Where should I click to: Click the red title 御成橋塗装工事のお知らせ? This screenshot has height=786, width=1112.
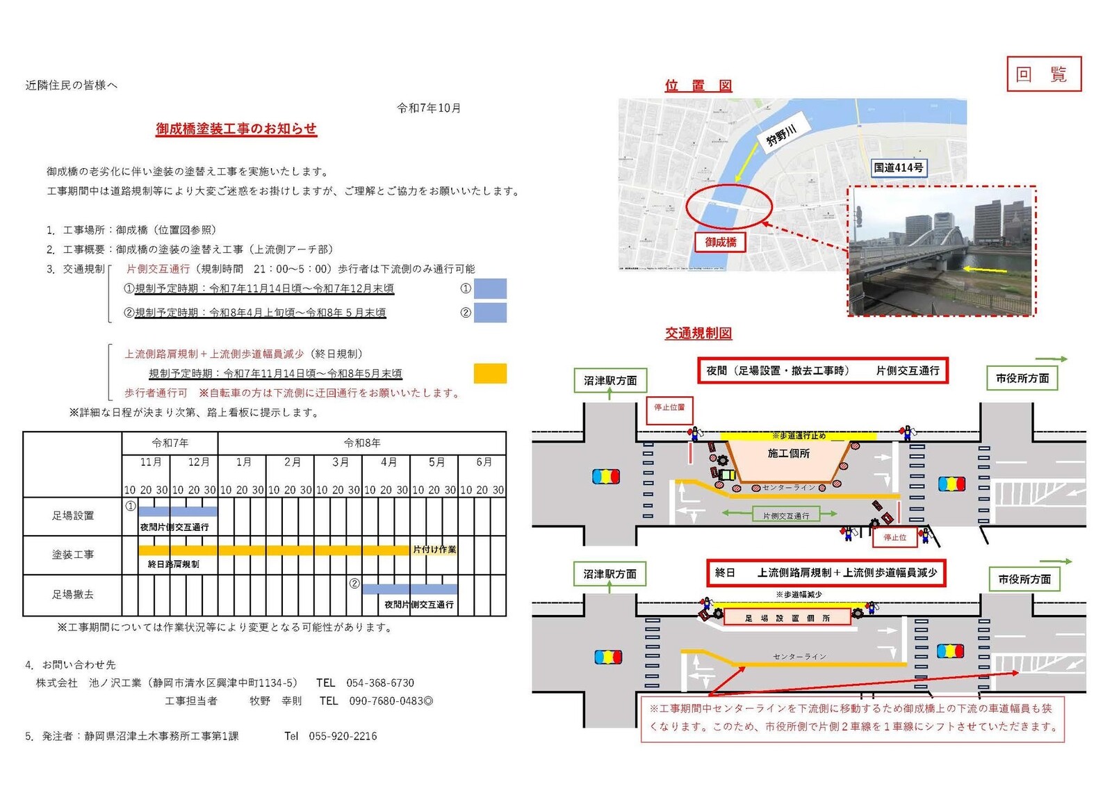(236, 129)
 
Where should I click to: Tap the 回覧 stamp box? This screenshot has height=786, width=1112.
(1044, 74)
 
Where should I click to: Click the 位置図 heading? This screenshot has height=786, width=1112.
(698, 85)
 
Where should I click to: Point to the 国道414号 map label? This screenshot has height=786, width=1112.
(898, 167)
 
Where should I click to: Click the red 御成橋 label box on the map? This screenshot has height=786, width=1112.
(720, 242)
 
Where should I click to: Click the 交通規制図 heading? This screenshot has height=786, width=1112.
(698, 333)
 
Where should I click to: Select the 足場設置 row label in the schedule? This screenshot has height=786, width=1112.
(72, 516)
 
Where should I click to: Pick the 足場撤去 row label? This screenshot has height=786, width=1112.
(72, 594)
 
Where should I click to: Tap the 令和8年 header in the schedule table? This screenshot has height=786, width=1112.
(362, 443)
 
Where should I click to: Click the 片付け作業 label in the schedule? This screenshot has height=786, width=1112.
(434, 549)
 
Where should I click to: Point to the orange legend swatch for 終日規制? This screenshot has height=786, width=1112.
(490, 373)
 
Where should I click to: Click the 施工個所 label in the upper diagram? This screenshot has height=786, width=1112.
(788, 453)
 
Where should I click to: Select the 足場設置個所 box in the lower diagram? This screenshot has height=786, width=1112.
(787, 618)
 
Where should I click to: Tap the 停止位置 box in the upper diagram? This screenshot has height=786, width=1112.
(669, 407)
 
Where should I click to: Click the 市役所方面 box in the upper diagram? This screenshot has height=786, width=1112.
(1022, 379)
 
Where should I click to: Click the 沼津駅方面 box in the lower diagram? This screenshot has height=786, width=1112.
(610, 574)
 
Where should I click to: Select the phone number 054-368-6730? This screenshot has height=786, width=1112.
(380, 682)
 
